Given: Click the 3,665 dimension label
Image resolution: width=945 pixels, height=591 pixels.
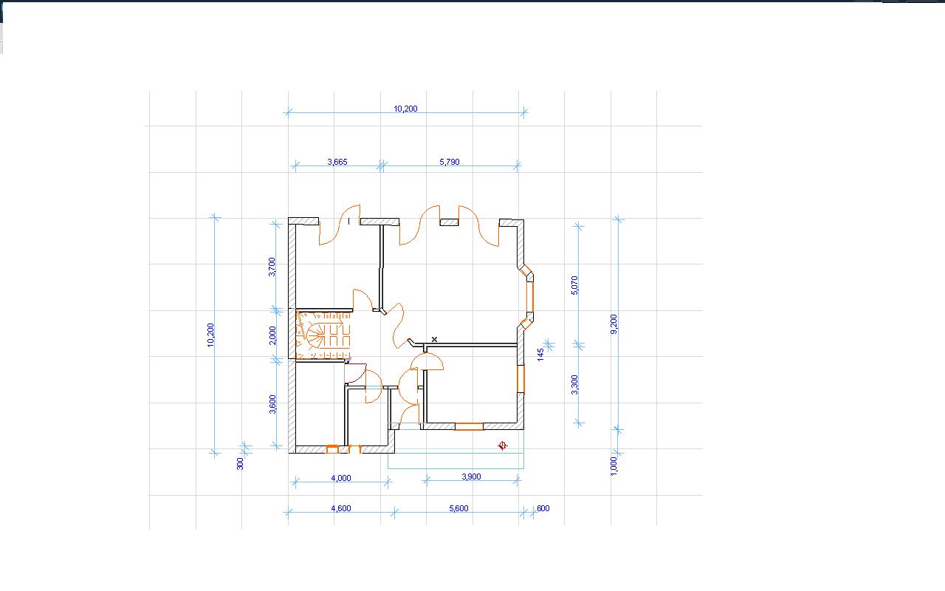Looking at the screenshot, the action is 337,162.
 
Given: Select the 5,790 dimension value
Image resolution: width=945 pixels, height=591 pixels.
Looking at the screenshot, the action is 450,162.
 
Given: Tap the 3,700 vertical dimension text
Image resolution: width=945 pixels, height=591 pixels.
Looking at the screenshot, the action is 272,267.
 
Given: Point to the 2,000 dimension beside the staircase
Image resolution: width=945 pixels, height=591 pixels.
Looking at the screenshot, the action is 272,335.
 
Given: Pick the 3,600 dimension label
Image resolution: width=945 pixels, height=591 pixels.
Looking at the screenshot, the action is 272,404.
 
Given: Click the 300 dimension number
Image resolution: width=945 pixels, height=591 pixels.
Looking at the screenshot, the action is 240,463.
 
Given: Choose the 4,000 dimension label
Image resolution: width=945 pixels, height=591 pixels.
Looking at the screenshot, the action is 341,478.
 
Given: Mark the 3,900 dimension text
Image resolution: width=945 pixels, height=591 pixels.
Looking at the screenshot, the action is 471,476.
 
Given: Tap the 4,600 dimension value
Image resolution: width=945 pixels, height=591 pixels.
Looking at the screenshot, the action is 341,508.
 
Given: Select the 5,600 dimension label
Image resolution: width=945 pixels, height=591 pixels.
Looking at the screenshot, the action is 458,508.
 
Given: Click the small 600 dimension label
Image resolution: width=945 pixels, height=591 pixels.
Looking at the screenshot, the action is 543,508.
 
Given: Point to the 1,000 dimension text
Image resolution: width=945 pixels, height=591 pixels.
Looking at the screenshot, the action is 614,465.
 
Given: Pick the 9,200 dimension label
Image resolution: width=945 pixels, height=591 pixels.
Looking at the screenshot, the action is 614,324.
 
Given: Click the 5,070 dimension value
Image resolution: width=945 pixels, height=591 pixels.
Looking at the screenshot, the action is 574,285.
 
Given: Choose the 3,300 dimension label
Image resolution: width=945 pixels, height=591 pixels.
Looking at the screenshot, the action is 574,385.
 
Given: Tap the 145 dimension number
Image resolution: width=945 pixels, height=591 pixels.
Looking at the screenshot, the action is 541,354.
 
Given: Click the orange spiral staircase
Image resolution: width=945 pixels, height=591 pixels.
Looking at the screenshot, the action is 323,335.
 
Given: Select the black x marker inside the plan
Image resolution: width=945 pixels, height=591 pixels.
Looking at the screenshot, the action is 434,339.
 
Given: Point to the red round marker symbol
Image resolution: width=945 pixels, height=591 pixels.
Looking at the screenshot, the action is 502,445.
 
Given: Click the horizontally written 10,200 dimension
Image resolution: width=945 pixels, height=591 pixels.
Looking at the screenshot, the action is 405,109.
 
